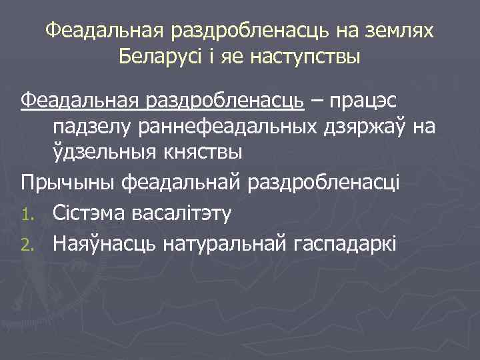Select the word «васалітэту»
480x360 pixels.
183,214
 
